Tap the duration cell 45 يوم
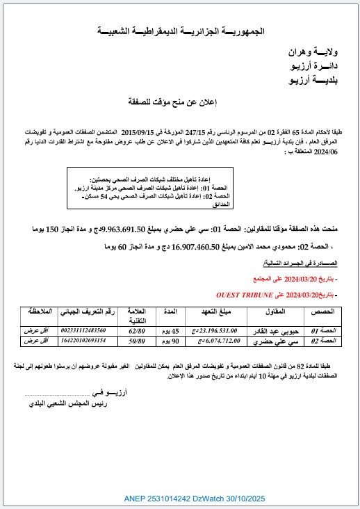pyautogui.click(x=171, y=330)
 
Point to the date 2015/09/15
pyautogui.click(x=142, y=131)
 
